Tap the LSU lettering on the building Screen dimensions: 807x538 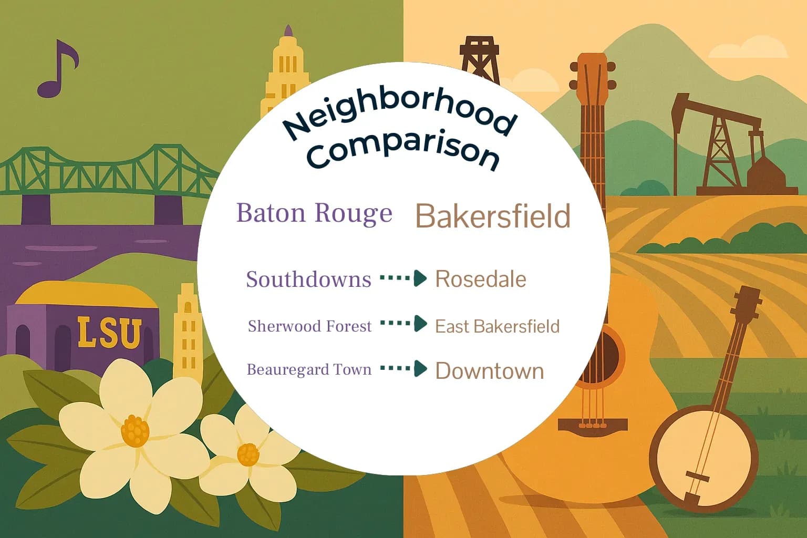[x=109, y=332]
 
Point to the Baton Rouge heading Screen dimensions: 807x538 [x=314, y=213]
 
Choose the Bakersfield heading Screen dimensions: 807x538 [x=493, y=216]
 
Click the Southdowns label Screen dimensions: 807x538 [x=309, y=279]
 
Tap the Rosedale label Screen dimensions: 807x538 [x=480, y=279]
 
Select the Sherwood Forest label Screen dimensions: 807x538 [x=309, y=326]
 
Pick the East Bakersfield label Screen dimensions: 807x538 [x=497, y=326]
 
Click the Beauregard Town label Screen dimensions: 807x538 [x=309, y=369]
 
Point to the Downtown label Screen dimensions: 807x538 [x=489, y=371]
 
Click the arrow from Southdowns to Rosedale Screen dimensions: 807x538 [x=403, y=278]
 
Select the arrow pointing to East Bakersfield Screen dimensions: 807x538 [x=403, y=324]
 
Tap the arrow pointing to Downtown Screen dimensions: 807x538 [x=403, y=369]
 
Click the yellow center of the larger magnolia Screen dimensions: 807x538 [x=135, y=431]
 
